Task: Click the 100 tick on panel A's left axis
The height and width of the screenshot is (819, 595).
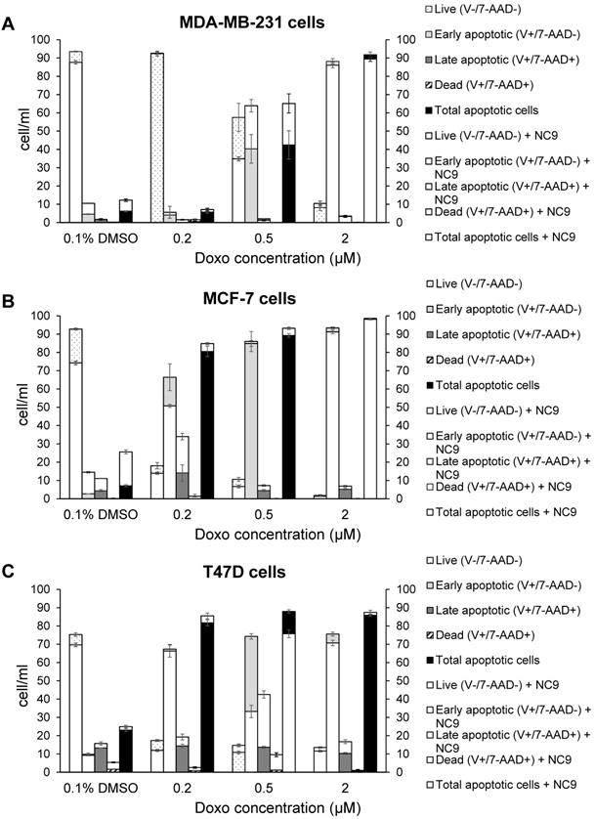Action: [46, 40]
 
